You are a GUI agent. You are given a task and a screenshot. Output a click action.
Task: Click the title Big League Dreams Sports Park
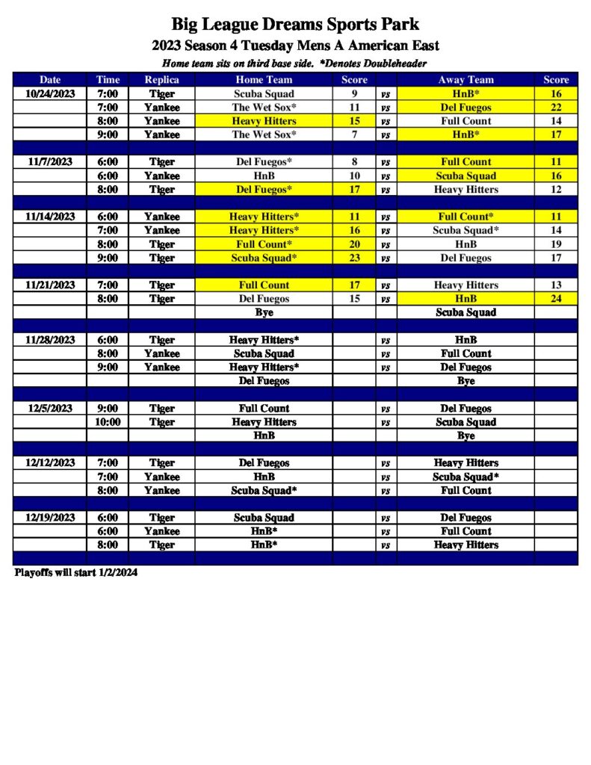295,25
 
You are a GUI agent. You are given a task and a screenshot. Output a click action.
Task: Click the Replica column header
161,80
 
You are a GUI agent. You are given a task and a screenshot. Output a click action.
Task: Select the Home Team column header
264,80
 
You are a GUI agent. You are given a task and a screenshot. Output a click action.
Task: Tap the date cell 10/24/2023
49,94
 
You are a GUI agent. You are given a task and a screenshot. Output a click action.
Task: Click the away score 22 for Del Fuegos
556,108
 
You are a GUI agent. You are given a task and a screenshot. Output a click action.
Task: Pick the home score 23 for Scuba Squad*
354,258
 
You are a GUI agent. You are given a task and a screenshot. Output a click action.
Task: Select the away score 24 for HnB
556,299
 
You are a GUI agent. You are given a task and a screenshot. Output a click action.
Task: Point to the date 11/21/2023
49,285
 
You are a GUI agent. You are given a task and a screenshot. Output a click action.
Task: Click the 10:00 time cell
108,422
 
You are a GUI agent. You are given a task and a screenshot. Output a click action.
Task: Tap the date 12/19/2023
49,518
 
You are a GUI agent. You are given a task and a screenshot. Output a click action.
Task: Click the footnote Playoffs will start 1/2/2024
76,573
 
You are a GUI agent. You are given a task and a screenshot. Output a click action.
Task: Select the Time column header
108,80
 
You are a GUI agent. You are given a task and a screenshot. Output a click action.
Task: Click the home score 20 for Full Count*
354,244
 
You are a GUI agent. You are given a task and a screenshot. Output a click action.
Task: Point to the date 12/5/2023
49,409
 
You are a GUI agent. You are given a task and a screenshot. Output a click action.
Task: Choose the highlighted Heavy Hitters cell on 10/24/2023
264,121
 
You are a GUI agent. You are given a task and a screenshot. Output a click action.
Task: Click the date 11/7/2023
49,161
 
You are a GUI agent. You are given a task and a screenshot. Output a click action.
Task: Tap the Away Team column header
465,80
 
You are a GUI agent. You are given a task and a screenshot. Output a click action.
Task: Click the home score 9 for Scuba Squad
354,94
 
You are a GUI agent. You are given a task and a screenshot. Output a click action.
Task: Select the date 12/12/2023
49,463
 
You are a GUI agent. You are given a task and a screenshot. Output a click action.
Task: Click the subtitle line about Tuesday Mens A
295,46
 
